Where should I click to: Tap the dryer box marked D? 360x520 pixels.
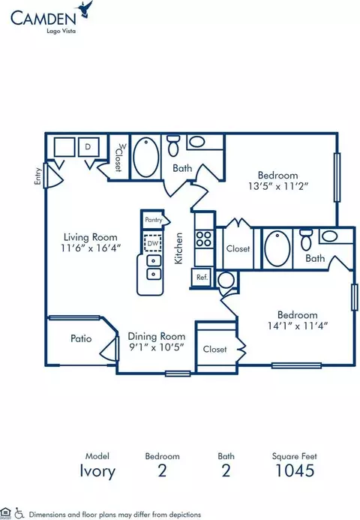[x=88, y=146]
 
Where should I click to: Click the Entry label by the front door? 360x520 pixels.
[x=37, y=176]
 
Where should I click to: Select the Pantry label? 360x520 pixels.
[x=154, y=220]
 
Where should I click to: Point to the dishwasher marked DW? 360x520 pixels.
[x=153, y=243]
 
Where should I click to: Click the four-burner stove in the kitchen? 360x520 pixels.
[x=203, y=239]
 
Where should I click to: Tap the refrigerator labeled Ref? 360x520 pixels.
[x=202, y=277]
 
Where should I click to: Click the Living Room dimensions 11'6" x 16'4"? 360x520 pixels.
[x=91, y=248]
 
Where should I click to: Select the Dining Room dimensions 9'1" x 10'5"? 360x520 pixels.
[x=156, y=347]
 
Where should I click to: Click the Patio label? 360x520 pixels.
[x=81, y=338]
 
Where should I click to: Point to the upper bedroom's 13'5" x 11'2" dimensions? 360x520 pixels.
[x=277, y=186]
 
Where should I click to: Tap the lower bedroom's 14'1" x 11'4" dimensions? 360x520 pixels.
[x=297, y=326]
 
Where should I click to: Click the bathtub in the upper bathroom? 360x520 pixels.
[x=145, y=157]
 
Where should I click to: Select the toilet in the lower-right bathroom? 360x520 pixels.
[x=306, y=240]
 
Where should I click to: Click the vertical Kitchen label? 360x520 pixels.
[x=178, y=248]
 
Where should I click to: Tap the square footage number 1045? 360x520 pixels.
[x=295, y=470]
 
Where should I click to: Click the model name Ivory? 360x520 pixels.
[x=97, y=471]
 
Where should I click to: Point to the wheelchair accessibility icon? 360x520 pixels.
[x=19, y=513]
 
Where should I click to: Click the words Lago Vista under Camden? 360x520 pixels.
[x=61, y=31]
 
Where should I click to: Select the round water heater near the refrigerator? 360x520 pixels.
[x=226, y=280]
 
